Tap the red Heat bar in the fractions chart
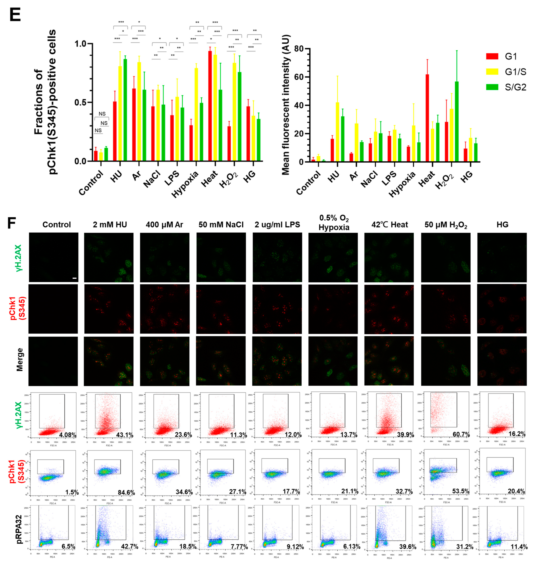coord(210,106)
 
